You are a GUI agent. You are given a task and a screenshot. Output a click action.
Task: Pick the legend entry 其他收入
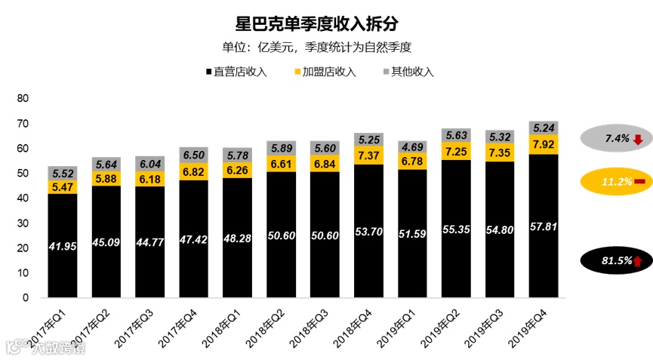tap(408, 72)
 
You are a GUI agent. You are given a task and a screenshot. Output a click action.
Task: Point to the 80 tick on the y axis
tap(22, 99)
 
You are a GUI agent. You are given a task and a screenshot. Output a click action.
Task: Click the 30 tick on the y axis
tap(22, 223)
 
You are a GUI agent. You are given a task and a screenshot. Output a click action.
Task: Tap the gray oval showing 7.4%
tap(615, 139)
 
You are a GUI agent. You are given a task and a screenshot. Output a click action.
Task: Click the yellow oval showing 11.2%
tap(615, 182)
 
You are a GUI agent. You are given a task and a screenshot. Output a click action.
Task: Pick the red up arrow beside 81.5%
tap(637, 261)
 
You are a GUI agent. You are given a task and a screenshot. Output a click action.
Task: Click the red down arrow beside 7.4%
tap(637, 139)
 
